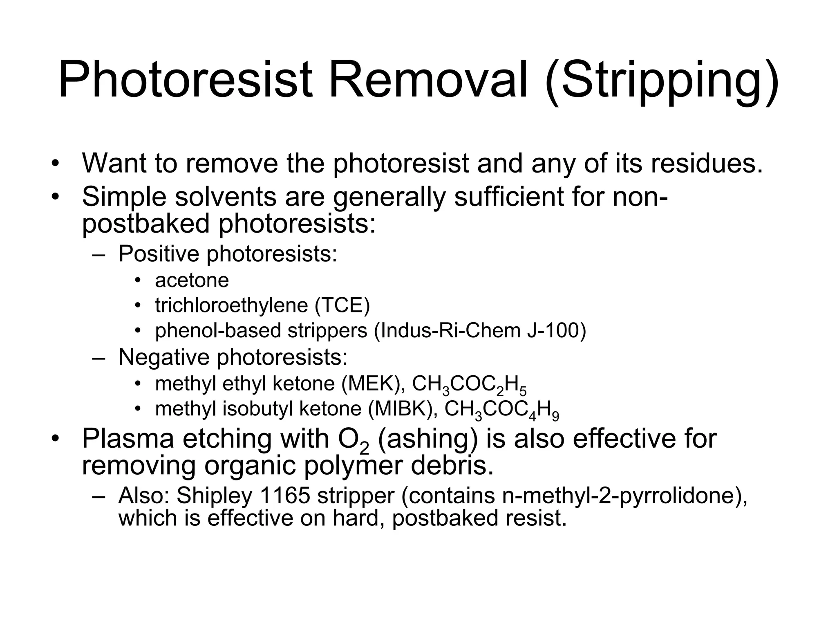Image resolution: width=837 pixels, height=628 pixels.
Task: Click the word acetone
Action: point(192,280)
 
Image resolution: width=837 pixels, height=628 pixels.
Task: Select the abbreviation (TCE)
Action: point(342,305)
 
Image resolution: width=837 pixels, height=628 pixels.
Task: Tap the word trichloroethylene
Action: point(231,305)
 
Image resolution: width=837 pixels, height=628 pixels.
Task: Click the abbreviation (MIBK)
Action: point(403,409)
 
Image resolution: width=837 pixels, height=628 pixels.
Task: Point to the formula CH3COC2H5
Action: point(469,385)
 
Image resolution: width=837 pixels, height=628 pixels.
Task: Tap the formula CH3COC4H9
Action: point(501,410)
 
